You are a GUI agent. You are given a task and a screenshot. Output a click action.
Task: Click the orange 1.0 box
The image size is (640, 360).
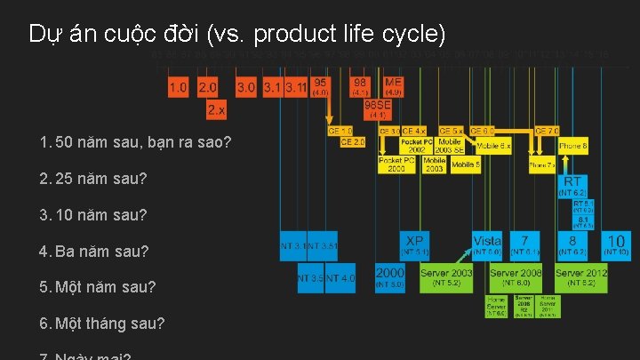(179, 87)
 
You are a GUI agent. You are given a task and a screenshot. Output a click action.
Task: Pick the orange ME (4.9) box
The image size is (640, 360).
(393, 86)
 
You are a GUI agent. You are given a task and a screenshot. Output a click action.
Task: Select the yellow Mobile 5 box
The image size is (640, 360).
(464, 164)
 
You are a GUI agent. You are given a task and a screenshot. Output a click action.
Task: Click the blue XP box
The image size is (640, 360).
(413, 244)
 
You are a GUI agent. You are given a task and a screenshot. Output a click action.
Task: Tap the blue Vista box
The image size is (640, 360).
(487, 244)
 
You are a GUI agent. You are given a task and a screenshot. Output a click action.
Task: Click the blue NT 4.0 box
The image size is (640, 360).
(340, 278)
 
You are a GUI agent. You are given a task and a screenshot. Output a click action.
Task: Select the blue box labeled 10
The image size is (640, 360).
(616, 244)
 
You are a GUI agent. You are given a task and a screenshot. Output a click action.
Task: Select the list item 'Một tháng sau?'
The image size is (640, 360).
(109, 324)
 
